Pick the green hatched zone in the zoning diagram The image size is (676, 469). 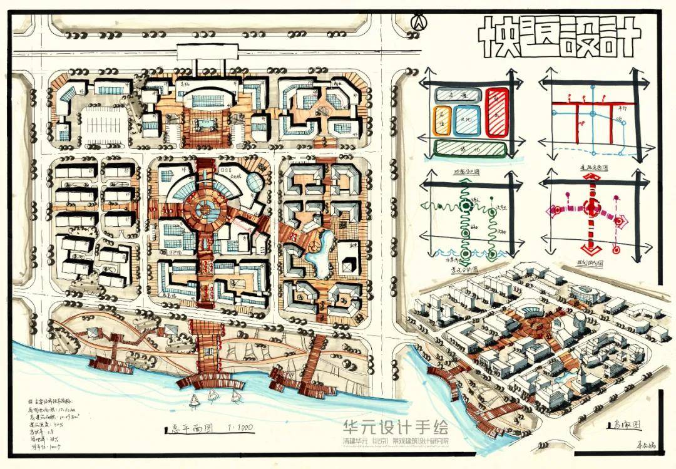point(470,148)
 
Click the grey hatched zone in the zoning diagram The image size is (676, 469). point(456,95)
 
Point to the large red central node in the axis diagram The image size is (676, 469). point(591,208)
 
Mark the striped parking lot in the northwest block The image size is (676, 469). point(104,126)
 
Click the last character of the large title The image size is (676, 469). point(623,36)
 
